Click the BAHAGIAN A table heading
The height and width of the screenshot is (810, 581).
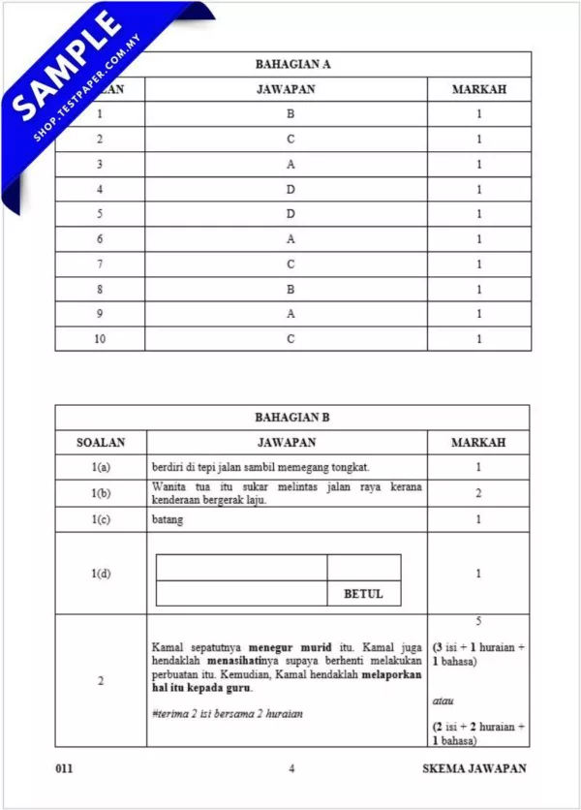pyautogui.click(x=292, y=65)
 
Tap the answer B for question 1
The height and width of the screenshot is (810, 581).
pyautogui.click(x=290, y=114)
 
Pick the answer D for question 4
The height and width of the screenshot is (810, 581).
pyautogui.click(x=290, y=189)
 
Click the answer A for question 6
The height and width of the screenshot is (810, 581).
pyautogui.click(x=290, y=239)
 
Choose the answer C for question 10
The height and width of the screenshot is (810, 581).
pyautogui.click(x=290, y=339)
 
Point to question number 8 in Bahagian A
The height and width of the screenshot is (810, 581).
pyautogui.click(x=101, y=289)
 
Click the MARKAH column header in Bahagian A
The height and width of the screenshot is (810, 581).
pyautogui.click(x=478, y=90)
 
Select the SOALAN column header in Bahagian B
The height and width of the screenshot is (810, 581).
pyautogui.click(x=101, y=443)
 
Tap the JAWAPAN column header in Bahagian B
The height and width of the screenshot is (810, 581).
pyautogui.click(x=287, y=443)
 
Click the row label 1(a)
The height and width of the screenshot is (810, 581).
pyautogui.click(x=101, y=468)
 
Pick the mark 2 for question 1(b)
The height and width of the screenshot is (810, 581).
pyautogui.click(x=478, y=493)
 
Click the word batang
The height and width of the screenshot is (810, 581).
pyautogui.click(x=168, y=519)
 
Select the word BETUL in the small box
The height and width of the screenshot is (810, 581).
pyautogui.click(x=363, y=594)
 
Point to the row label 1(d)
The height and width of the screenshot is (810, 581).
pyautogui.click(x=101, y=574)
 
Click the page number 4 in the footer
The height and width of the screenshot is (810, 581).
pyautogui.click(x=290, y=769)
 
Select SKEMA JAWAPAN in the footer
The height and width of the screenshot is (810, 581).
pyautogui.click(x=474, y=769)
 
